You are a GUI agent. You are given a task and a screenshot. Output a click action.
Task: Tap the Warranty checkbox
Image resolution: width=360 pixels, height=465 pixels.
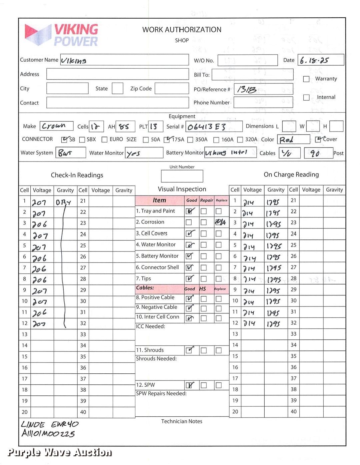coord(306,79)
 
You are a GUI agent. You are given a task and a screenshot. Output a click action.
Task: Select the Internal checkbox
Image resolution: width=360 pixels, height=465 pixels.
coord(306,97)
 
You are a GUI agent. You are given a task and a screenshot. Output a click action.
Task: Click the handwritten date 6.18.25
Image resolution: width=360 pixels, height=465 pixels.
coord(314,60)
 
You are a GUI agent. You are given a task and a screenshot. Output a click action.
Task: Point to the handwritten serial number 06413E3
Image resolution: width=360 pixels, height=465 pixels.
coord(207,127)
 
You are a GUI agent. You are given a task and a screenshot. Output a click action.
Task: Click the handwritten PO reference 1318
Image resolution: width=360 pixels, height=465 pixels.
coord(247,89)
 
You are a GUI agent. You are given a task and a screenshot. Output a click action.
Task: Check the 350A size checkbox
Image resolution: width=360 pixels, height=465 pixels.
coord(190,140)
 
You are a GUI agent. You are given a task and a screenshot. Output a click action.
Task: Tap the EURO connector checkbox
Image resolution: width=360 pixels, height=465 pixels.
coord(104,140)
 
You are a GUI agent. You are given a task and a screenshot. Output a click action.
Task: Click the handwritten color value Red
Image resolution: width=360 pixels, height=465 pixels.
coord(286,140)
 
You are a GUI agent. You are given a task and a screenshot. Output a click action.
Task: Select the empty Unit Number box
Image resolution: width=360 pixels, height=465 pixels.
coord(182,176)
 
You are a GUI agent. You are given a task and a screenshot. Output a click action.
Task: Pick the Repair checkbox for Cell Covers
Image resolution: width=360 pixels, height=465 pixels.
coord(204,233)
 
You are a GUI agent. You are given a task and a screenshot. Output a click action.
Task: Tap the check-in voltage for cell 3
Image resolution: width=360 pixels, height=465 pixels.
coord(40,224)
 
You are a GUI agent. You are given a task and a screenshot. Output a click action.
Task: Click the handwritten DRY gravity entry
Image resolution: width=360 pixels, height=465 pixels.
coord(63,202)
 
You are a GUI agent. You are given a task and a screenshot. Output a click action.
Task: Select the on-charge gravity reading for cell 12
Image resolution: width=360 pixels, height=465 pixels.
coord(273,323)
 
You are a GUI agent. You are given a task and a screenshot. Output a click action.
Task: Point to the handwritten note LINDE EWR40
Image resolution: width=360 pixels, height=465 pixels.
coord(50,424)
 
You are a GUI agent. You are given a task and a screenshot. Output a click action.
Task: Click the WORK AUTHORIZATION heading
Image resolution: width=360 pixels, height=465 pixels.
coord(182,30)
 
